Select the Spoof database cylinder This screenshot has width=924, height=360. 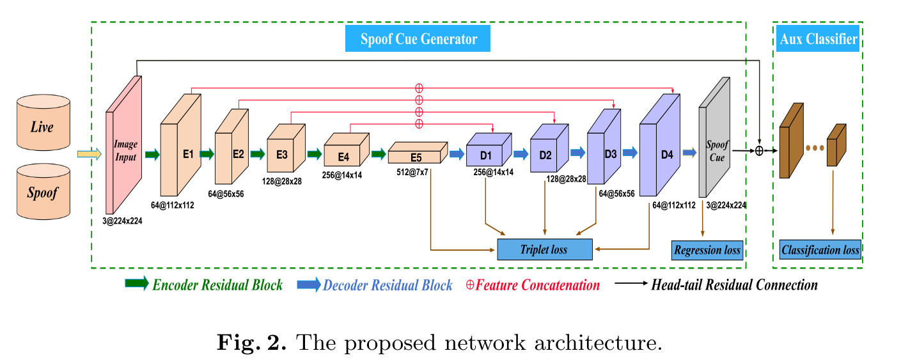click(x=43, y=191)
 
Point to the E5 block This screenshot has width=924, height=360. click(x=416, y=156)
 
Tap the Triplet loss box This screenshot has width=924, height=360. click(x=545, y=249)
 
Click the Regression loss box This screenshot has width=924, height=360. click(x=707, y=250)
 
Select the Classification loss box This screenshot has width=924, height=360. click(x=820, y=250)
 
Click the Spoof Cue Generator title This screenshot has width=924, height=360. click(x=418, y=39)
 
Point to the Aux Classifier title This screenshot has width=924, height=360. click(x=818, y=39)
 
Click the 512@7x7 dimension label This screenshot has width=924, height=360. click(x=412, y=173)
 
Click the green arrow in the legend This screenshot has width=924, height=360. click(x=136, y=285)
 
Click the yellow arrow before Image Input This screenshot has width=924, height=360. click(x=90, y=154)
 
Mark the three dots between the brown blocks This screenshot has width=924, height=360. click(x=815, y=148)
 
